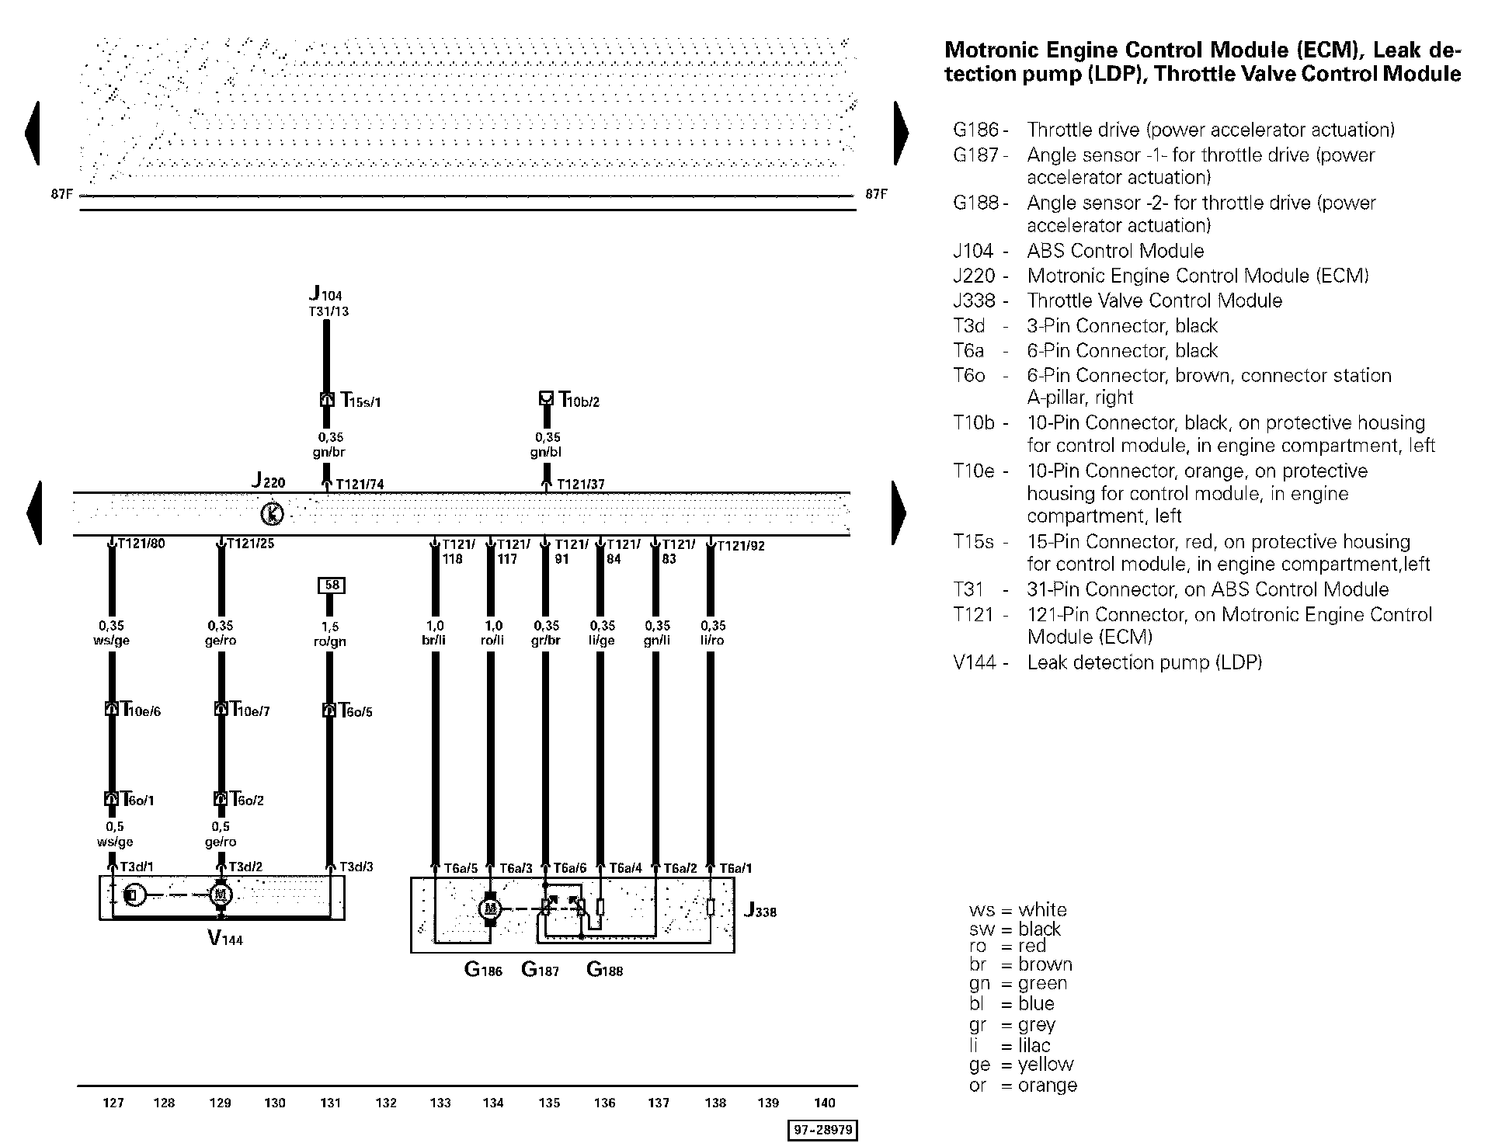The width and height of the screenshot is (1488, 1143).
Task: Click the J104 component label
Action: pyautogui.click(x=325, y=294)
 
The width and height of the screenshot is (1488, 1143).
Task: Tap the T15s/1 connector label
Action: pyautogui.click(x=361, y=401)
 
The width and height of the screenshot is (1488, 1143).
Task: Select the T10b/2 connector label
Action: pyautogui.click(x=579, y=401)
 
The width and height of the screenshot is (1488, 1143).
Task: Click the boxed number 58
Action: pyautogui.click(x=332, y=585)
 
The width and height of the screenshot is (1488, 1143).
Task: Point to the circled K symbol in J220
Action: pyautogui.click(x=271, y=513)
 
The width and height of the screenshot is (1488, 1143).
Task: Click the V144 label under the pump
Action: pyautogui.click(x=224, y=939)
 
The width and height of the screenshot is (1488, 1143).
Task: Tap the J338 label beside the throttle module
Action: pyautogui.click(x=760, y=910)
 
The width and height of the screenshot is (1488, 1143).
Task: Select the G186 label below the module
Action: pyautogui.click(x=483, y=969)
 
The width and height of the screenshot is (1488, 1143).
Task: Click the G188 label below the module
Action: pyautogui.click(x=604, y=969)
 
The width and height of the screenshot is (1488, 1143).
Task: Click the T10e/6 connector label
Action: pyautogui.click(x=141, y=710)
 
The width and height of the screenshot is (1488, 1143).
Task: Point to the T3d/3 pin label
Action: pyautogui.click(x=356, y=867)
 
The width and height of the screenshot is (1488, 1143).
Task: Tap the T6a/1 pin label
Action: pyautogui.click(x=735, y=868)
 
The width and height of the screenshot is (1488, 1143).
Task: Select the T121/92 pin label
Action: pyautogui.click(x=740, y=546)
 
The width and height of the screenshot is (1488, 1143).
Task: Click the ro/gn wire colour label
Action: pyautogui.click(x=331, y=641)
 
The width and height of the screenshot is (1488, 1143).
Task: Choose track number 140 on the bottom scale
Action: pyautogui.click(x=824, y=1103)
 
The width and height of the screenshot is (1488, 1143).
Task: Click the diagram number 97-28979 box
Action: pyautogui.click(x=822, y=1131)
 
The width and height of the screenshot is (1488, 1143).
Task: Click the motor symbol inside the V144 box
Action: pyautogui.click(x=221, y=895)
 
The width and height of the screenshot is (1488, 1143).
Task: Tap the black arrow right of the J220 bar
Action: pyautogui.click(x=899, y=512)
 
